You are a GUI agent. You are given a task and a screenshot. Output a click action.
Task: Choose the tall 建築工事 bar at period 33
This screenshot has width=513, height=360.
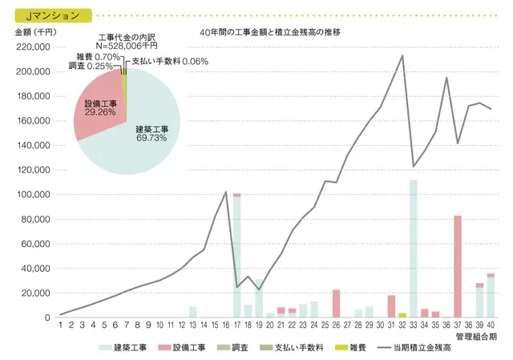click(414, 248)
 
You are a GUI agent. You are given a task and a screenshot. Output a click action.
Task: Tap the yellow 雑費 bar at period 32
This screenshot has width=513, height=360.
click(402, 315)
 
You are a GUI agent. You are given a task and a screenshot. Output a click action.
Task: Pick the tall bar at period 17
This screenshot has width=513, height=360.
click(236, 257)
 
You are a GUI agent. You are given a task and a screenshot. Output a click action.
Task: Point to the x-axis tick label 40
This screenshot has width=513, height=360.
click(491, 326)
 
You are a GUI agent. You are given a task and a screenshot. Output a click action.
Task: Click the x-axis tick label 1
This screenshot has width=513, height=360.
click(60, 326)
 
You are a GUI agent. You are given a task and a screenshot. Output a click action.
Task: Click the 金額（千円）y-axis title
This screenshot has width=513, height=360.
click(33, 33)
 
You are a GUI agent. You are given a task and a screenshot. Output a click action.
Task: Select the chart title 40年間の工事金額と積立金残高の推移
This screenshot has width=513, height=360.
click(272, 33)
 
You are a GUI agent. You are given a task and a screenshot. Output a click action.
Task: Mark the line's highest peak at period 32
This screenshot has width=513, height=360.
click(402, 55)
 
